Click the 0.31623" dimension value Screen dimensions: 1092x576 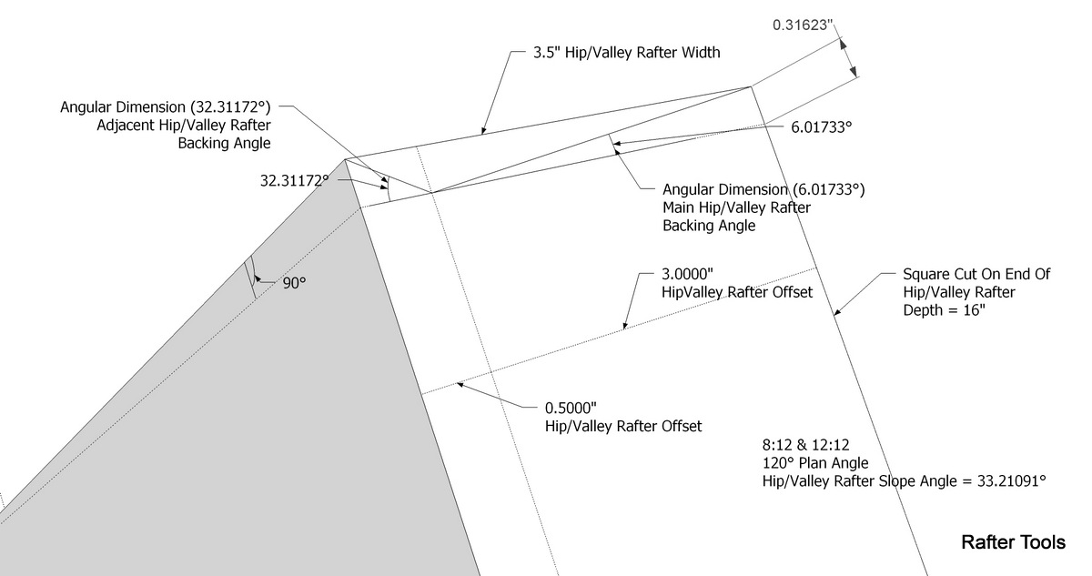(803, 25)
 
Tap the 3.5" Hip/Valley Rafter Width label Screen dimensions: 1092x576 (626, 53)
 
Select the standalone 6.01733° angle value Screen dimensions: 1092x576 (822, 127)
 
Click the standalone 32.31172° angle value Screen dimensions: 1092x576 (295, 181)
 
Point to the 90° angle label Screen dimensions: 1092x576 (295, 283)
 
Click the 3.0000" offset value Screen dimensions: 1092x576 (687, 274)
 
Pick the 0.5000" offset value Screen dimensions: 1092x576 (571, 408)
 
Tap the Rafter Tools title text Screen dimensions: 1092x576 (1013, 542)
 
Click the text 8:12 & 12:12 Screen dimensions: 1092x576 (806, 445)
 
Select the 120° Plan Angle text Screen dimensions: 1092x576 (815, 463)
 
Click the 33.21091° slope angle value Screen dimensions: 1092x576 (1012, 481)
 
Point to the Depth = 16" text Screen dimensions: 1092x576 (945, 310)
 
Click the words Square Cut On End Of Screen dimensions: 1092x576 (976, 274)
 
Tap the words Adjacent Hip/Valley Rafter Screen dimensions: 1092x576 (184, 126)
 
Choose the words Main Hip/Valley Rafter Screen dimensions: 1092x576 (736, 207)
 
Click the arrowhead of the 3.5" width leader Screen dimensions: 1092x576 (483, 130)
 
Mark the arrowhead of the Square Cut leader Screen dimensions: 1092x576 (836, 312)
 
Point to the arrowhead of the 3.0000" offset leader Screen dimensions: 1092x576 (625, 326)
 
